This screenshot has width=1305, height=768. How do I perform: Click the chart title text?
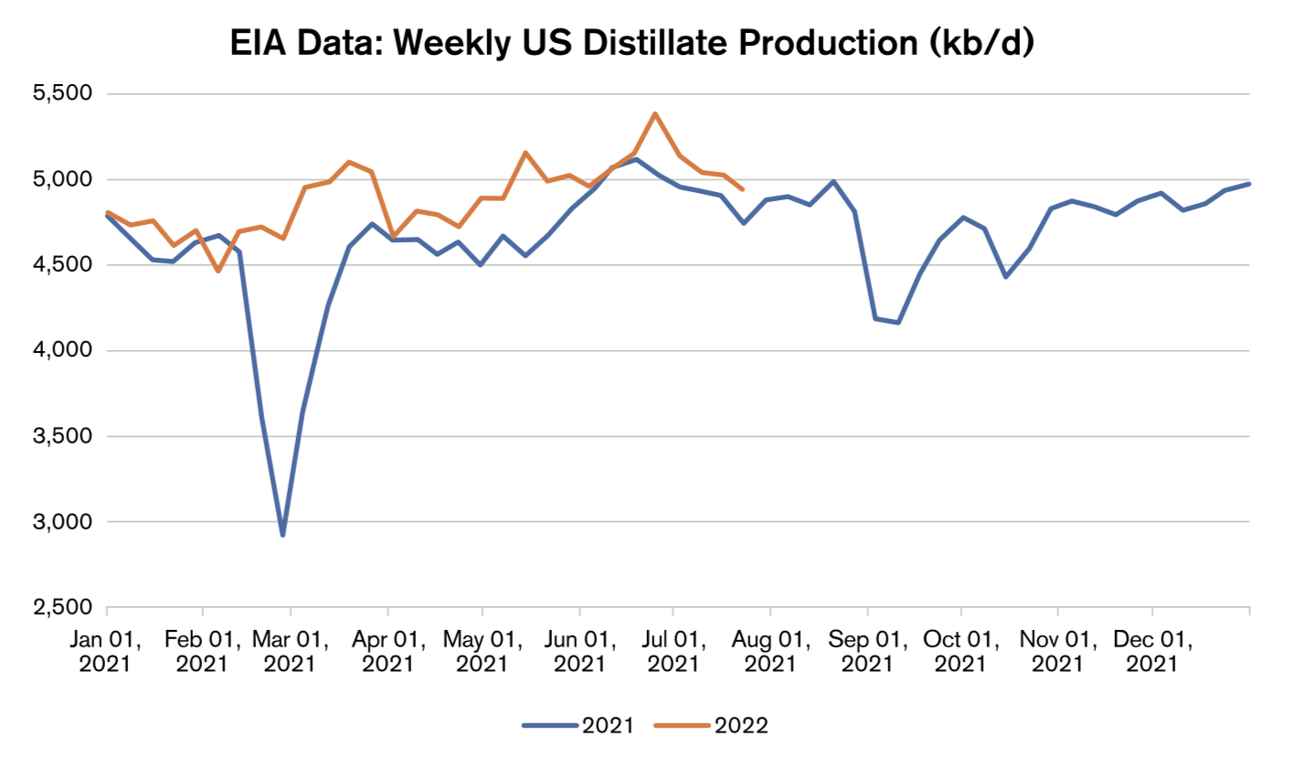[631, 44]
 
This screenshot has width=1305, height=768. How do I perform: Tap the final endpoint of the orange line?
[743, 189]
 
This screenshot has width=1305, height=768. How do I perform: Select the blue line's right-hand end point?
[1249, 184]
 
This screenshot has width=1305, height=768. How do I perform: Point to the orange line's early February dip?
[217, 271]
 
